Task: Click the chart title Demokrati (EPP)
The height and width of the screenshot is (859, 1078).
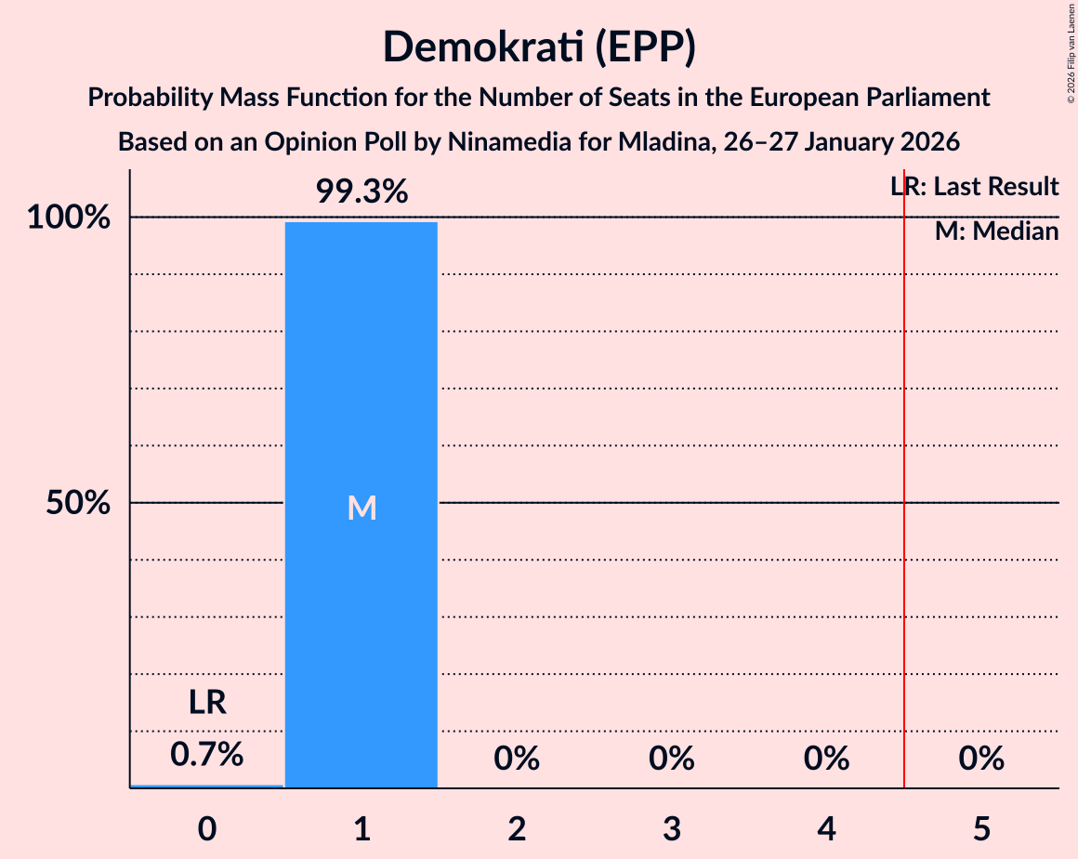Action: point(539,47)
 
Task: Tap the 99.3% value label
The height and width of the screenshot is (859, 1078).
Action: point(362,192)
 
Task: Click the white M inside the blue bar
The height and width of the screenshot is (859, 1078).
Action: point(362,508)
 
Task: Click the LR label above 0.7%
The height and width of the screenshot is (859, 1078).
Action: point(206,703)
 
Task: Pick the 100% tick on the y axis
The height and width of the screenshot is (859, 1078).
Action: point(69,218)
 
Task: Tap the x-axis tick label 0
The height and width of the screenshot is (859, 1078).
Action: point(206,826)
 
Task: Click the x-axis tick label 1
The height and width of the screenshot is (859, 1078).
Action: point(362,826)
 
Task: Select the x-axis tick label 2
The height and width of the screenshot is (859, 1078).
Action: point(517,826)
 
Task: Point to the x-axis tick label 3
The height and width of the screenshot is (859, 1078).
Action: point(672,826)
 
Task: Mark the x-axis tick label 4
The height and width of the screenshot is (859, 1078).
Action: point(827,826)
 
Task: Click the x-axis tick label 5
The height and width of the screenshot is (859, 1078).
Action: point(981,826)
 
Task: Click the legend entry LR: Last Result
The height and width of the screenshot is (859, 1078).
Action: point(974,187)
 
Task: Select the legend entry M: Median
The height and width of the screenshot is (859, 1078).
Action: point(996,231)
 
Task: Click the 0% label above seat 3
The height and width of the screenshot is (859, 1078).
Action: point(672,760)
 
